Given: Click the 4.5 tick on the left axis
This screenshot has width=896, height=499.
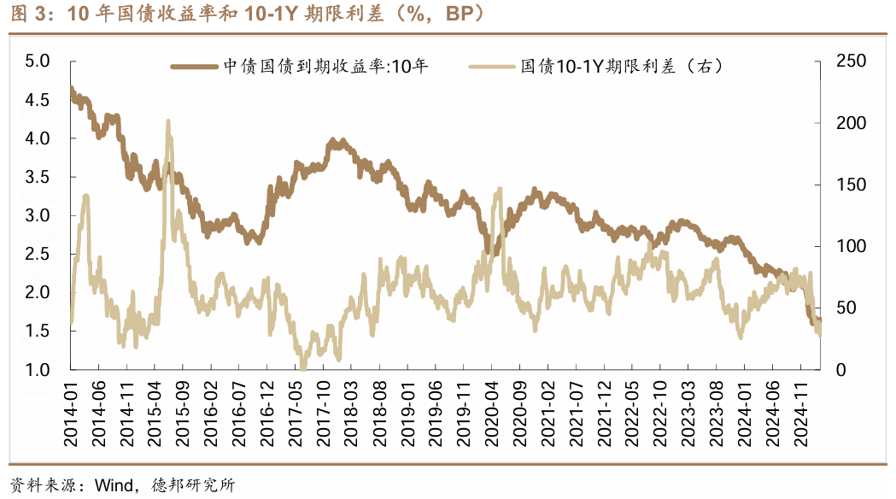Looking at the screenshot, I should (x=38, y=100).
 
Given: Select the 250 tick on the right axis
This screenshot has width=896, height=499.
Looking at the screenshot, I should (x=842, y=62).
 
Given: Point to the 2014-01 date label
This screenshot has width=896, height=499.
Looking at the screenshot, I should (x=72, y=414).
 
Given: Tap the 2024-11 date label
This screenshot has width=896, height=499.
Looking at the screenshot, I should (x=799, y=414).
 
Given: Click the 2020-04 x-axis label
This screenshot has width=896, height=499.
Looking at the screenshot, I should (x=491, y=414).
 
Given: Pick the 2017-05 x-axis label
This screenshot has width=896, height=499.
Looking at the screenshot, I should (x=296, y=414).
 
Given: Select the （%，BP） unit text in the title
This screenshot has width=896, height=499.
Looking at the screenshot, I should (x=433, y=15).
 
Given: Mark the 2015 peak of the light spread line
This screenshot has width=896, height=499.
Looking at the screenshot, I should (x=168, y=122).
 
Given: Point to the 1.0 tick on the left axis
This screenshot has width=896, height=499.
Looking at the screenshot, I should (x=38, y=370).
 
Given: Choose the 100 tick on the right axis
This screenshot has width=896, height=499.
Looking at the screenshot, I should (x=842, y=246).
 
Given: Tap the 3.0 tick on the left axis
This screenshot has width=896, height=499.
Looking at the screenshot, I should (x=38, y=215).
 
